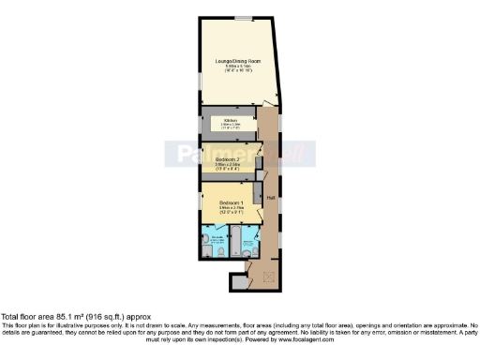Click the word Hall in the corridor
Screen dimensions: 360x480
click(x=270, y=198)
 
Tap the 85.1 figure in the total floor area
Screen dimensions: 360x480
click(x=64, y=316)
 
